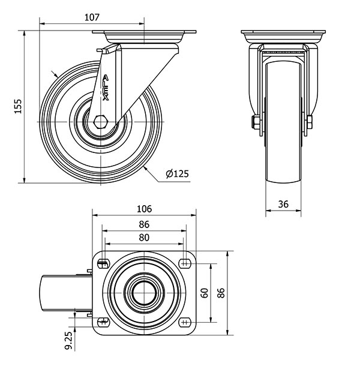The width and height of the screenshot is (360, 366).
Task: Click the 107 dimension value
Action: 92,17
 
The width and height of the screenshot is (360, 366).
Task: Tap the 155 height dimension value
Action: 18,106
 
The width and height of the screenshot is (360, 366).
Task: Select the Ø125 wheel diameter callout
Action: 177,173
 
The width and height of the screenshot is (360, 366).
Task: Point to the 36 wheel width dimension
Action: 283,204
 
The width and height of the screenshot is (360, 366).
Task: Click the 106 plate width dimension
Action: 144,209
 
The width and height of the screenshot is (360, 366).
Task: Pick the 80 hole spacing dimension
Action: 144,238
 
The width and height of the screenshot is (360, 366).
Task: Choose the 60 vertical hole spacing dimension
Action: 205,293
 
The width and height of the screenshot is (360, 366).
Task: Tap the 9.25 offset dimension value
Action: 68,341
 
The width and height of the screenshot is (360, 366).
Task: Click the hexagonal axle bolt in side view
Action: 100,122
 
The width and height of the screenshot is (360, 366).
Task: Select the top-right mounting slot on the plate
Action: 185,264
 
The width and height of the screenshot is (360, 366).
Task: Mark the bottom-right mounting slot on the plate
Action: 185,322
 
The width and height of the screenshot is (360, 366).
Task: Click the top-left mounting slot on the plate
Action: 103,264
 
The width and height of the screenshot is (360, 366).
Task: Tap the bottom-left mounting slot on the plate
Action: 103,322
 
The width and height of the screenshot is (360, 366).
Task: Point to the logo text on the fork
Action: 106,88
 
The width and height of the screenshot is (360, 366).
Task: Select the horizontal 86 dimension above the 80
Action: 144,224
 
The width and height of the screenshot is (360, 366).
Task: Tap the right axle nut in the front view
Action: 310,122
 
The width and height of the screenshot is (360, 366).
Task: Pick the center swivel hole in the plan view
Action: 144,293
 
